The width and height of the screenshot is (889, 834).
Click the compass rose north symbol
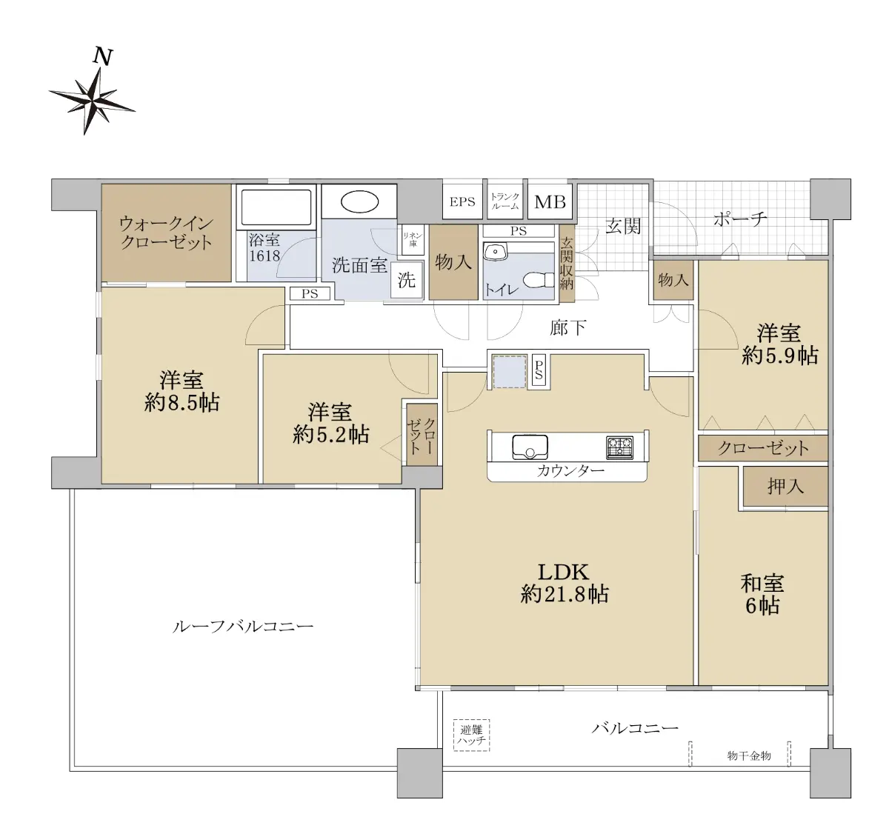[92, 100]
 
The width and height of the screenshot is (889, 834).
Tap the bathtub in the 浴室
[276, 207]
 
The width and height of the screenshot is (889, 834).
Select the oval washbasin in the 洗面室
[359, 203]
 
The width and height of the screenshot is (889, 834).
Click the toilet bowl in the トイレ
[539, 280]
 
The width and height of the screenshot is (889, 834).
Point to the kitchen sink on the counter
[530, 447]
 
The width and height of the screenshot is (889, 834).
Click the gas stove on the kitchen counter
[620, 447]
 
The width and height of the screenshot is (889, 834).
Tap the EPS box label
[462, 202]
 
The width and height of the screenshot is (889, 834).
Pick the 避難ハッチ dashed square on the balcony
[471, 735]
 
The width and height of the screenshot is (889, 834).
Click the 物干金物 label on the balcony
[749, 756]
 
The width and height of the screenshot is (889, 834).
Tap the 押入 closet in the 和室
[785, 486]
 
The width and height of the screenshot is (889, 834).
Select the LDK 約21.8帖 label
[564, 584]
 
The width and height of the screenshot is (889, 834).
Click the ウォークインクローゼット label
[167, 233]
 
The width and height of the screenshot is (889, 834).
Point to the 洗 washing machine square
[407, 280]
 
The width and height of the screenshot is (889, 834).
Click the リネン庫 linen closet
[413, 239]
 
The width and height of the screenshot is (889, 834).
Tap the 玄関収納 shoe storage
[566, 263]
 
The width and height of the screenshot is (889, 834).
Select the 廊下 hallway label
[567, 327]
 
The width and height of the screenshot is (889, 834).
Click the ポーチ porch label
[740, 219]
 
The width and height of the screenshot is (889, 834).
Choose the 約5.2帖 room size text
[331, 434]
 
